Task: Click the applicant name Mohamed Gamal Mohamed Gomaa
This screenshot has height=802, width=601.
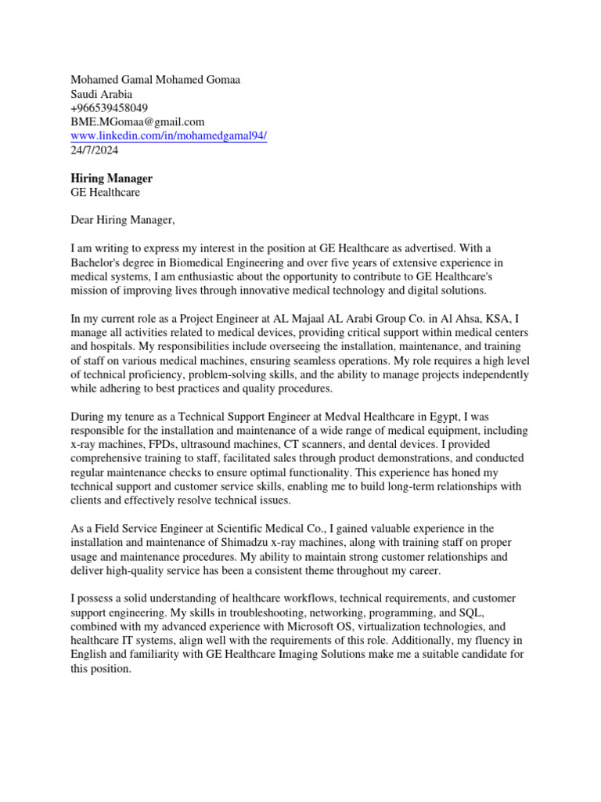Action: click(x=156, y=80)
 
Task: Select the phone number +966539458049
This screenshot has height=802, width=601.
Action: click(x=110, y=107)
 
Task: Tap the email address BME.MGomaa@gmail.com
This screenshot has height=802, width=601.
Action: click(x=138, y=121)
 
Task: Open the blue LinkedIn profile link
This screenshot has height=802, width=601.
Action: click(x=169, y=135)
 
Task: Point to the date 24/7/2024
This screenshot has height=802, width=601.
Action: click(x=95, y=150)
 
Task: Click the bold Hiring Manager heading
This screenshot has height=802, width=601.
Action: click(x=112, y=179)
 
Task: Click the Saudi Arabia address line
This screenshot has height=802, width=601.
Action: click(x=102, y=94)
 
